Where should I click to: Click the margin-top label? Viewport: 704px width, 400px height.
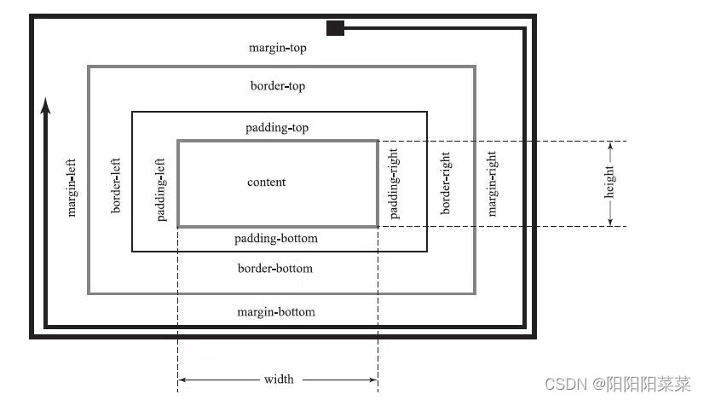277,48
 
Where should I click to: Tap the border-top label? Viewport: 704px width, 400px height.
277,86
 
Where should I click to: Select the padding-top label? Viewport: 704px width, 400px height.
277,128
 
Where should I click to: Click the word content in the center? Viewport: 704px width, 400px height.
267,183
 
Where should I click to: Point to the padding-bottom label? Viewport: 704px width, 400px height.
275,238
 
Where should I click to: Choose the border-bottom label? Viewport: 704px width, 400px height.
274,269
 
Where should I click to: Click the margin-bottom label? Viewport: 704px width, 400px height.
275,311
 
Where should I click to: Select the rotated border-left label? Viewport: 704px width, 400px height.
117,184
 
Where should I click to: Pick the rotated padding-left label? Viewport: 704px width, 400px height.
161,188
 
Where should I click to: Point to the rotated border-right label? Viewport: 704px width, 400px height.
444,184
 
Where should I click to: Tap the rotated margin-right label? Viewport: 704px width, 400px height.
492,184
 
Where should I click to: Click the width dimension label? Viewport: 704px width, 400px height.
279,379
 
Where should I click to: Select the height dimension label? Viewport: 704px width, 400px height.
610,183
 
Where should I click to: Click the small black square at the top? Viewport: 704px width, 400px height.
335,28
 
